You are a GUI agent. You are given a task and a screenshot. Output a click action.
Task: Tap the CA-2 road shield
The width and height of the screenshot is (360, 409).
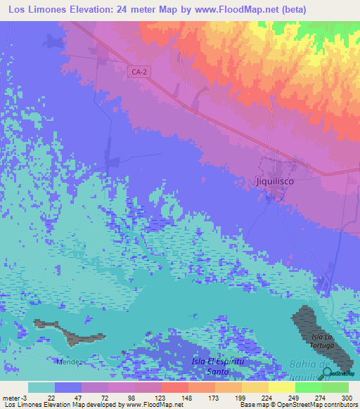tap(139, 71)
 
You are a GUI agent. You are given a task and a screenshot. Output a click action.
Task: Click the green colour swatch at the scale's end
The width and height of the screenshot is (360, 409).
tap(335, 387)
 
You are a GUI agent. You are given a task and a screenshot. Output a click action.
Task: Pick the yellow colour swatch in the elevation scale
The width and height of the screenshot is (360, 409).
tap(281, 387)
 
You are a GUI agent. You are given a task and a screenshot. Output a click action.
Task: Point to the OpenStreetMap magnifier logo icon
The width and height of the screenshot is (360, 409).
tap(326, 372)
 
